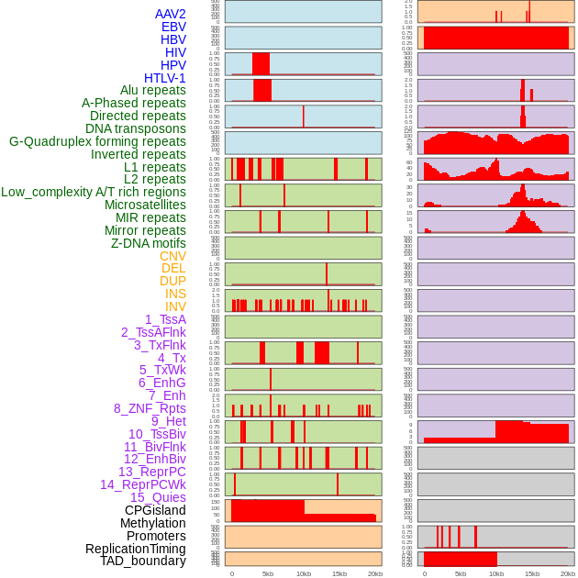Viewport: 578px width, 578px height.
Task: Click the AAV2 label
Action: click(171, 14)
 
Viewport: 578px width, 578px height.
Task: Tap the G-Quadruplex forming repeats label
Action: click(97, 141)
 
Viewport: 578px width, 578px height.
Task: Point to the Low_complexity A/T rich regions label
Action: click(94, 192)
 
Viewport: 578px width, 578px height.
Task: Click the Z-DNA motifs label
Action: click(149, 243)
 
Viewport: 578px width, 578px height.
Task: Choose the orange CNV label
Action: click(172, 256)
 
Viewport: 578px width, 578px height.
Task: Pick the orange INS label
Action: click(175, 294)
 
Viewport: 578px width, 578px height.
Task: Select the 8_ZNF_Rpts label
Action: click(150, 408)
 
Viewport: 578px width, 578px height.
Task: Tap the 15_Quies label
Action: click(158, 497)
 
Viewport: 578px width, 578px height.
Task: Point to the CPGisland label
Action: click(155, 510)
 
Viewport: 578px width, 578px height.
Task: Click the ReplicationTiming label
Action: click(135, 549)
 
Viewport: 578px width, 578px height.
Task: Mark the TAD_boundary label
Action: click(143, 561)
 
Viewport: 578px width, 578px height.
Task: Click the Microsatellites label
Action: click(145, 205)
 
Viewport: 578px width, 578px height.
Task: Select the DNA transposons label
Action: click(136, 128)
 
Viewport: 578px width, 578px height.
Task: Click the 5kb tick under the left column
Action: click(268, 573)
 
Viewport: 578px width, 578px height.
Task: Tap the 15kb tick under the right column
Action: click(532, 573)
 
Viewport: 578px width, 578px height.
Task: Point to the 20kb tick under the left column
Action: click(374, 573)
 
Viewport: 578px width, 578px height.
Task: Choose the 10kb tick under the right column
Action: click(496, 573)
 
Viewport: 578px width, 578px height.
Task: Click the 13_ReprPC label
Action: click(151, 472)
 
